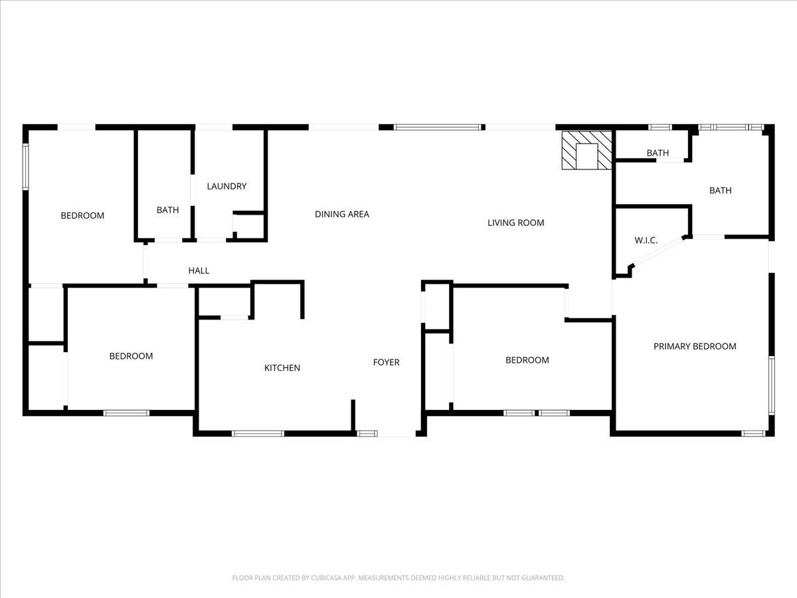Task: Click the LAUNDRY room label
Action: [x=226, y=186]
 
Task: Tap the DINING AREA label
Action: [x=341, y=214]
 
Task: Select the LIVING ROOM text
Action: [x=515, y=223]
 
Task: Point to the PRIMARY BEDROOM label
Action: [x=695, y=346]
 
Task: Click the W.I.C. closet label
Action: [x=646, y=240]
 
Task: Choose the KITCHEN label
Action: [x=282, y=368]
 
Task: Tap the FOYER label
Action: [x=386, y=362]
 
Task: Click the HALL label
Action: [x=199, y=270]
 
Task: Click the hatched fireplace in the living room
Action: [x=586, y=150]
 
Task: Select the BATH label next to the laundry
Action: [x=167, y=210]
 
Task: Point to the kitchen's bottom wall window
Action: [x=258, y=433]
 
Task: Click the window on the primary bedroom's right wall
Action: [x=771, y=385]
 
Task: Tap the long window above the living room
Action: [x=438, y=127]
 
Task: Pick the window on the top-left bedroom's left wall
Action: [x=25, y=167]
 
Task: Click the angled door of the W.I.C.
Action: [x=658, y=251]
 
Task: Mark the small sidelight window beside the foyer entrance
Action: [x=367, y=433]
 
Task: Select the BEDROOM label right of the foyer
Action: [x=527, y=360]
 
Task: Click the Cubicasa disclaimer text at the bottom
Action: [x=398, y=577]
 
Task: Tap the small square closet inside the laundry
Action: [x=249, y=225]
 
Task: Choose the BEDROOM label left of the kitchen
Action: [x=131, y=356]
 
